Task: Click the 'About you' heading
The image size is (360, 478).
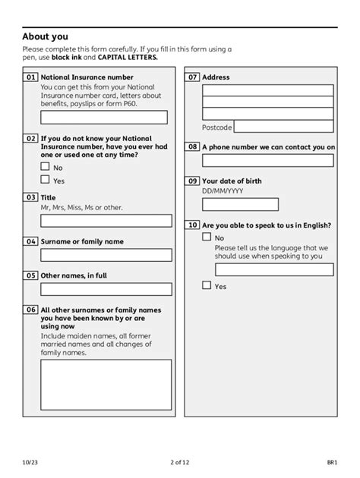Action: click(45, 36)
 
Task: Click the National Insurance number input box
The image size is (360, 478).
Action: click(104, 117)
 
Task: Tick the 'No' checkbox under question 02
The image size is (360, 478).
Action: click(45, 165)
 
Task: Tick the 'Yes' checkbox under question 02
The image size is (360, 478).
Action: click(45, 180)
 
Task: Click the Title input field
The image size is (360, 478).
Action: click(106, 220)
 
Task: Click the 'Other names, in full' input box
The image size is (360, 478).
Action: click(106, 289)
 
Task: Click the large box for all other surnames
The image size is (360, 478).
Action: click(106, 384)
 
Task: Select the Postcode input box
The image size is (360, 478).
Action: click(283, 127)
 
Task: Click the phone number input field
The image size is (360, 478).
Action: click(267, 160)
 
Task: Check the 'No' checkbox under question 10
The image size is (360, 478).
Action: click(207, 237)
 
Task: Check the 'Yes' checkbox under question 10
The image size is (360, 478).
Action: click(207, 285)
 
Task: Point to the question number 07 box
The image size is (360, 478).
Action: click(193, 77)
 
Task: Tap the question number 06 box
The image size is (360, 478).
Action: click(31, 310)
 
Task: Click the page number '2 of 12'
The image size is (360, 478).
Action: click(179, 462)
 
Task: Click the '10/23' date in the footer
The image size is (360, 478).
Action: click(30, 462)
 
